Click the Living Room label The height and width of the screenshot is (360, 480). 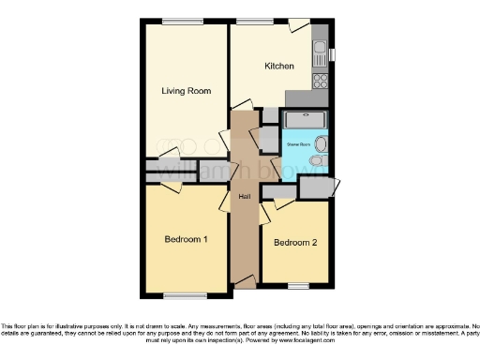pos(186,91)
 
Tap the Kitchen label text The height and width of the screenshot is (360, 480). pos(279,67)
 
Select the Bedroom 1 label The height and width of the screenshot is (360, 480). pos(186,240)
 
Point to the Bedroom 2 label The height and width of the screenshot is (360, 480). pos(294,243)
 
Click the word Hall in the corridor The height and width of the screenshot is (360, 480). pos(244,196)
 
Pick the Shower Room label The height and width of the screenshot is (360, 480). pos(298,144)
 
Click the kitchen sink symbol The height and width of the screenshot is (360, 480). pos(320,48)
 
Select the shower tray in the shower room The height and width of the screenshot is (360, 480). pos(305,120)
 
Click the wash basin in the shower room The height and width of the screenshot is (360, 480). pos(322,142)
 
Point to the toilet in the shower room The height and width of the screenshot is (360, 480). pos(316,161)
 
